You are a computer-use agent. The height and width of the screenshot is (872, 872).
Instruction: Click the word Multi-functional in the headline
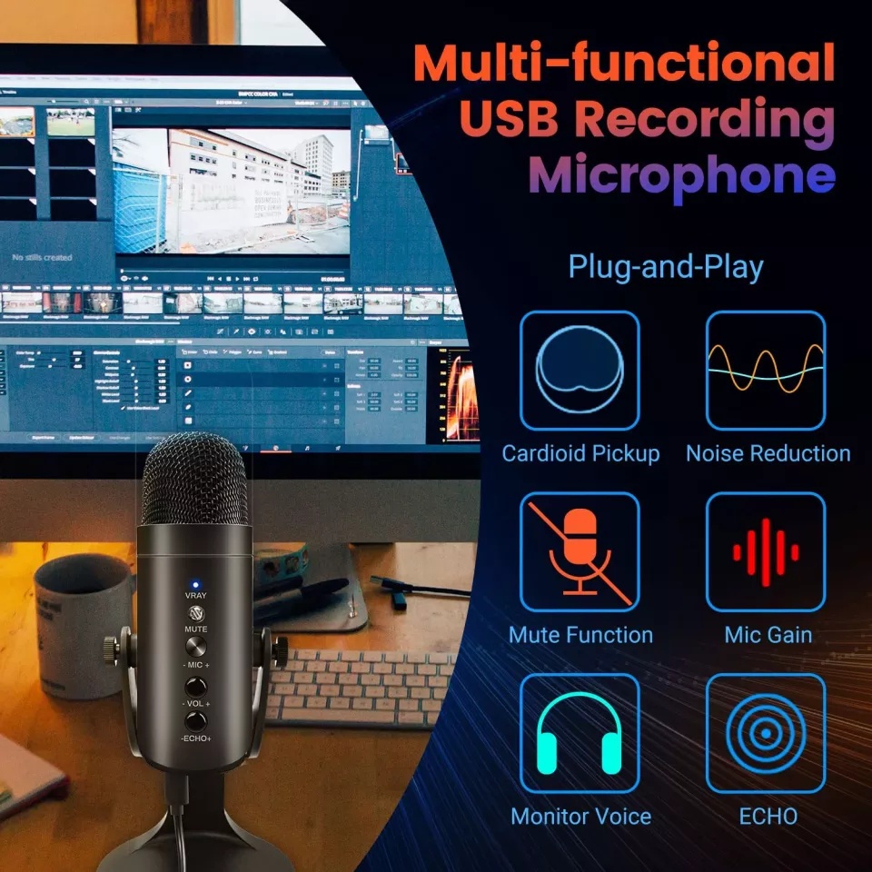[x=624, y=64]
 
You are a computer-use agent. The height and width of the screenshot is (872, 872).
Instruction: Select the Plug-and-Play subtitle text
[x=666, y=267]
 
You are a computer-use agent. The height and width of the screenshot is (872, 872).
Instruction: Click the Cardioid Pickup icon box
[x=580, y=371]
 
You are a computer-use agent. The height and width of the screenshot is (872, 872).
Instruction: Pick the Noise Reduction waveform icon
[x=766, y=371]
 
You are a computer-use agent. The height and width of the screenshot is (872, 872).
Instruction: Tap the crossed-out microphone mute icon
[x=580, y=552]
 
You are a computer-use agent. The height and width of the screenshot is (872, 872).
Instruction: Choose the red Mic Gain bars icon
[x=766, y=552]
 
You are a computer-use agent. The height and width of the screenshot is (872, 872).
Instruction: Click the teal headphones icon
[x=580, y=734]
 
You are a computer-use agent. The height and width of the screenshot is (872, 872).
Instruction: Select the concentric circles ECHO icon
[x=766, y=734]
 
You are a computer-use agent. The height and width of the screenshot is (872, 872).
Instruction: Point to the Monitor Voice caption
[x=580, y=816]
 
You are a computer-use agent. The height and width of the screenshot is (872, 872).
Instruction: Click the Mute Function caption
[x=580, y=634]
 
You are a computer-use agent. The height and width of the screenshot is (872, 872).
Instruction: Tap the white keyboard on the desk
[x=363, y=687]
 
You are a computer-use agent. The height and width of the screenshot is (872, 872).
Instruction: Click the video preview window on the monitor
[x=232, y=191]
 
